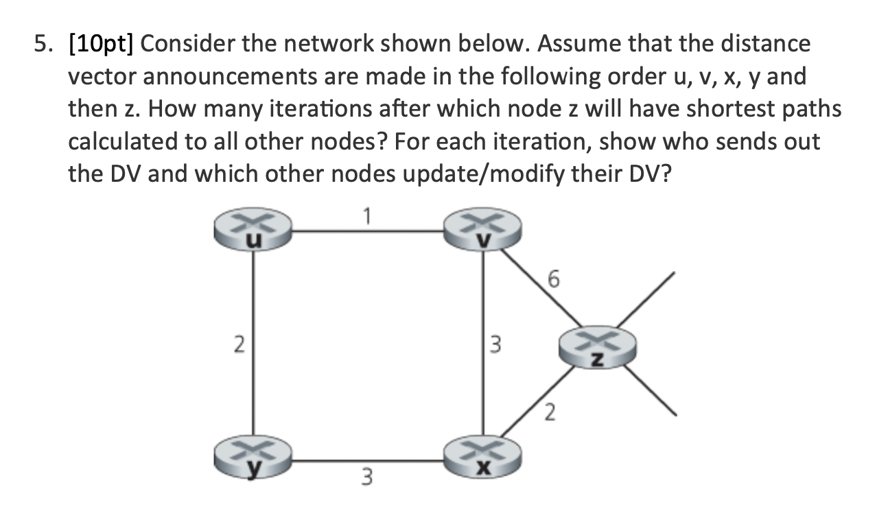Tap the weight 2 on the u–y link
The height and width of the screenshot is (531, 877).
[238, 344]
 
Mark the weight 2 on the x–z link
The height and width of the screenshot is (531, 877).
[550, 414]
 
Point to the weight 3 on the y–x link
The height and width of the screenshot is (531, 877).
[369, 475]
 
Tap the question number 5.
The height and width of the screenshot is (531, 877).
[43, 45]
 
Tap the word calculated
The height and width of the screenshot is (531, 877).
[129, 141]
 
